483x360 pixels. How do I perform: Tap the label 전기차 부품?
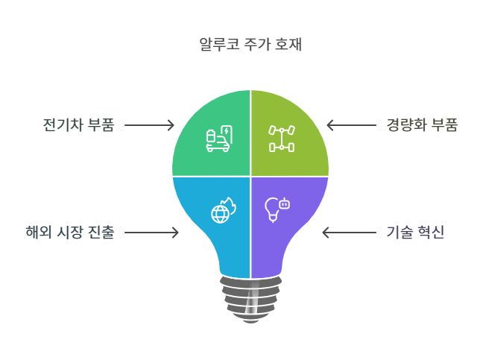coord(78,124)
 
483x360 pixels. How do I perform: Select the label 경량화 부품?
coord(422,124)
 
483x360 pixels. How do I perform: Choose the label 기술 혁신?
coord(416,233)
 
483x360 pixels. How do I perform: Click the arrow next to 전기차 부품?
coord(149,125)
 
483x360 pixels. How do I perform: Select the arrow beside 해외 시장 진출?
coord(151,233)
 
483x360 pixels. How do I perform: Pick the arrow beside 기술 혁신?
coord(349,233)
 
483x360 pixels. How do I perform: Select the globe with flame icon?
coord(222,211)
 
